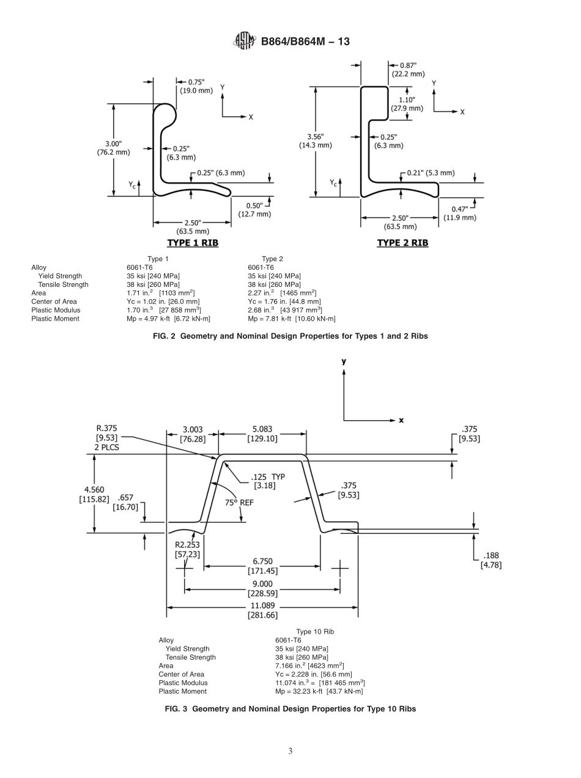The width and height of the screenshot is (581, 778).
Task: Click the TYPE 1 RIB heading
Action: coord(193,243)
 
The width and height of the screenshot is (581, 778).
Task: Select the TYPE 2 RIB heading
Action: coord(402,243)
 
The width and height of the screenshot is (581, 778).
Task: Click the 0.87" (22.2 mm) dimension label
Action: coord(408,69)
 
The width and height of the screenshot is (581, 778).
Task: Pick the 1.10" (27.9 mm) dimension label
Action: coord(407,104)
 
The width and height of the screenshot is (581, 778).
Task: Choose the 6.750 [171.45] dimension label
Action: coord(262,566)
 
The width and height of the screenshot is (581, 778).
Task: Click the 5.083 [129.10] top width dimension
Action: coord(262,434)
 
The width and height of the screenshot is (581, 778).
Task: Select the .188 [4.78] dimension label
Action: coord(490,560)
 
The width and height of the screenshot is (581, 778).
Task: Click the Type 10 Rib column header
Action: coord(315,632)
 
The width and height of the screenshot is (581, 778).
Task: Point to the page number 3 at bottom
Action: coord(290,752)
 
